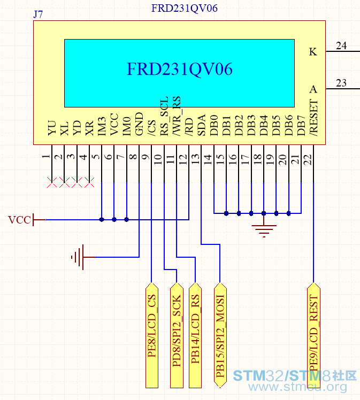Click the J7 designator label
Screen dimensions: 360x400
pyautogui.click(x=38, y=14)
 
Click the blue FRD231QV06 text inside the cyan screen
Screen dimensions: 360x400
pyautogui.click(x=179, y=69)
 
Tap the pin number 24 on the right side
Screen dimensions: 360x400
pyautogui.click(x=341, y=45)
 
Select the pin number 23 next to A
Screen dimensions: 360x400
pyautogui.click(x=341, y=83)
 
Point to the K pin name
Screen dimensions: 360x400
pyautogui.click(x=313, y=52)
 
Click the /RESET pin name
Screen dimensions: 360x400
pyautogui.click(x=313, y=118)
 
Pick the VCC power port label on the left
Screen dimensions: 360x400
pyautogui.click(x=19, y=220)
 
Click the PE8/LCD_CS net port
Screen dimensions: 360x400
pyautogui.click(x=152, y=335)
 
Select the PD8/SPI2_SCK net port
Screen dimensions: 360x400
pyautogui.click(x=177, y=335)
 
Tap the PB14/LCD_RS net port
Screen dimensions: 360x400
pyautogui.click(x=195, y=335)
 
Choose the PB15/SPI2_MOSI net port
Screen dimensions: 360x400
pyautogui.click(x=220, y=335)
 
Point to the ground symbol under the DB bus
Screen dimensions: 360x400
pyautogui.click(x=264, y=231)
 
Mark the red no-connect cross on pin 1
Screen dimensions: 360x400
pyautogui.click(x=52, y=182)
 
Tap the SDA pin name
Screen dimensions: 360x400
pyautogui.click(x=202, y=125)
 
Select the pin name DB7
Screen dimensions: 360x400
pyautogui.click(x=301, y=125)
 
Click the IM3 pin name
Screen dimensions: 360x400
pyautogui.click(x=102, y=126)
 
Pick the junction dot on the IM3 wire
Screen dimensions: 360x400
pyautogui.click(x=102, y=219)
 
